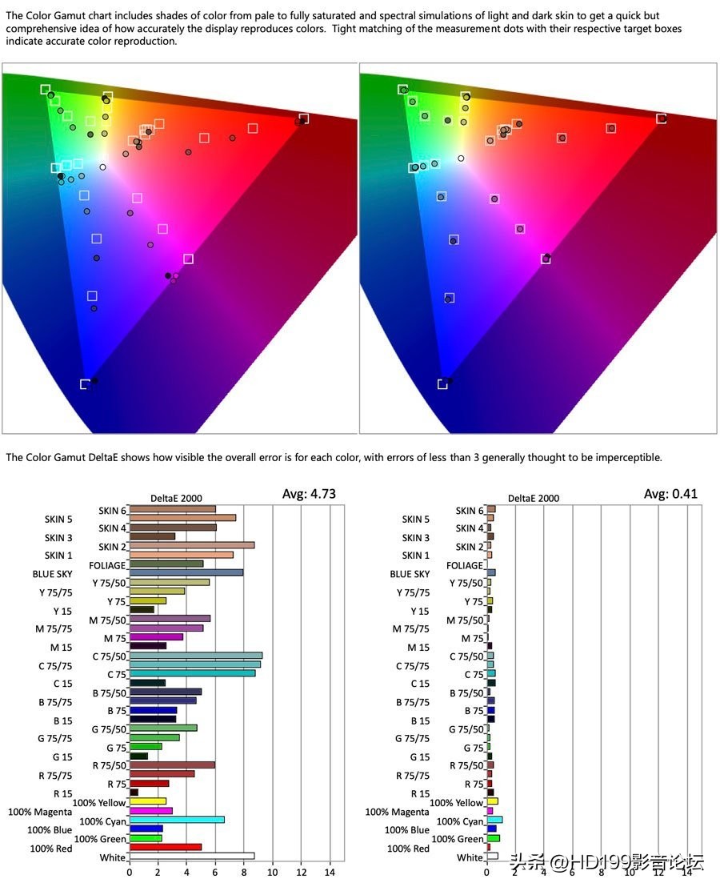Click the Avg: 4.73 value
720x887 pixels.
click(x=309, y=494)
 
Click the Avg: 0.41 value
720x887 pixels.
click(x=670, y=494)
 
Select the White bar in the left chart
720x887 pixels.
click(x=192, y=856)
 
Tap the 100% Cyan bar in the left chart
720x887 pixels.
click(x=177, y=820)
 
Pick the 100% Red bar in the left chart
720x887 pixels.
click(x=166, y=847)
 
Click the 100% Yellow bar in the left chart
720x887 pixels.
click(x=148, y=801)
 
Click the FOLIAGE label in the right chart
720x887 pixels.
click(x=464, y=565)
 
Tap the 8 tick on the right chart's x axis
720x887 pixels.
click(x=602, y=873)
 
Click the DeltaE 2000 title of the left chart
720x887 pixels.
click(x=177, y=498)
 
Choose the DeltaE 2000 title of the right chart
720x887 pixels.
click(x=534, y=498)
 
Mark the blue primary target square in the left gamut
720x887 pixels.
click(x=85, y=384)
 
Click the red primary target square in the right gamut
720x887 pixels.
click(x=662, y=118)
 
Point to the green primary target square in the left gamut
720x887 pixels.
click(x=46, y=90)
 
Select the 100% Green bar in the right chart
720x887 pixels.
click(x=493, y=838)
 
